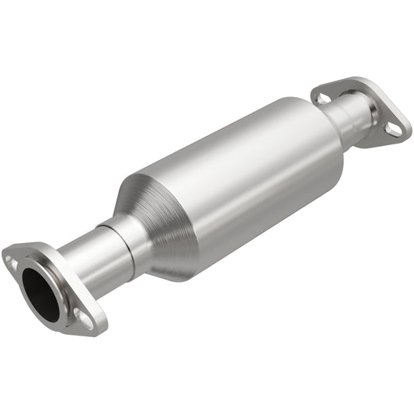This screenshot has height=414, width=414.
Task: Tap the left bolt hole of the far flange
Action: (320, 98)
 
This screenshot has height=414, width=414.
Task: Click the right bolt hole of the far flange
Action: (395, 129)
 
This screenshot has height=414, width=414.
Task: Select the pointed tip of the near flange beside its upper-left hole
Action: (6, 253)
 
